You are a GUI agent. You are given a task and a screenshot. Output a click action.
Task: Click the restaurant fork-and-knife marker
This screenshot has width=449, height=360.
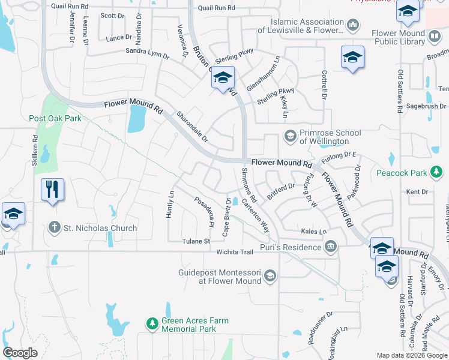point(52,190)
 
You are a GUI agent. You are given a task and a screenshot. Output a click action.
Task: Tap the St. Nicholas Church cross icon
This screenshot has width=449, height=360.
point(54,227)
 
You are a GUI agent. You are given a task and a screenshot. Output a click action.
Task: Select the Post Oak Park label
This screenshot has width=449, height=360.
point(55,118)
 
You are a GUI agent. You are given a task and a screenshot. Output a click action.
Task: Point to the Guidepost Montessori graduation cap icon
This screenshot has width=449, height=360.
point(270,276)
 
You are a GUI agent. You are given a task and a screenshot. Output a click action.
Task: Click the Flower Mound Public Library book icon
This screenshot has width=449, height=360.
point(434,37)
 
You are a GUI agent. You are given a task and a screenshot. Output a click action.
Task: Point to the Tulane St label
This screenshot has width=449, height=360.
point(196,241)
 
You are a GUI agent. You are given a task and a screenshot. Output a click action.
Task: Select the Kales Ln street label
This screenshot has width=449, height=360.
point(313,231)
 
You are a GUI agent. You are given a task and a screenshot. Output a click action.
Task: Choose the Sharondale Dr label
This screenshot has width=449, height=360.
point(191,126)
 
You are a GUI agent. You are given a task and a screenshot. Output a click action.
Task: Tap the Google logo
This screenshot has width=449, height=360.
point(20,352)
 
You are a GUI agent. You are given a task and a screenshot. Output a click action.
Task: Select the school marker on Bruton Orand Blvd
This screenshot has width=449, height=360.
point(222,77)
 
